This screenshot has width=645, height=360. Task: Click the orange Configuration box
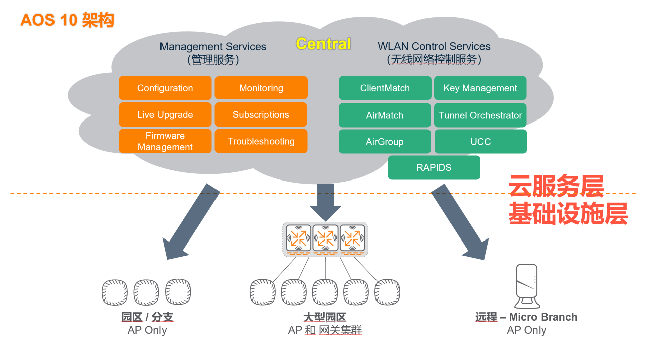[x=165, y=88]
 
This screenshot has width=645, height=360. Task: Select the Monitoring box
[x=261, y=88]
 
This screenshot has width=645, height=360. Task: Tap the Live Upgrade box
[x=165, y=115]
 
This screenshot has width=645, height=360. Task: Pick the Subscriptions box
[x=261, y=115]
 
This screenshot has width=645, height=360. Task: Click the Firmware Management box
[x=165, y=141]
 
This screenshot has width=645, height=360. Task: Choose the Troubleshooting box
[x=261, y=141]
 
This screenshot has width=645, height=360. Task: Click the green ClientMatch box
[x=385, y=88]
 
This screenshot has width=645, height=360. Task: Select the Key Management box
[x=480, y=88]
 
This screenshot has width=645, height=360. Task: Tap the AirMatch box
[x=385, y=115]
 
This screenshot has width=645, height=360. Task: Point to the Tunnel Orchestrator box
[x=480, y=115]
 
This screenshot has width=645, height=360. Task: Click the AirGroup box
[x=385, y=142]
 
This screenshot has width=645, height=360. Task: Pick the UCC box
[x=480, y=142]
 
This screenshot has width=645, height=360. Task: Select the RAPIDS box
[x=434, y=168]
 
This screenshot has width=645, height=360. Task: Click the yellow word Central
[x=324, y=44]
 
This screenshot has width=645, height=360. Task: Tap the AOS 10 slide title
[x=67, y=20]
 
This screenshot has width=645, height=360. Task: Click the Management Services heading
[x=213, y=47]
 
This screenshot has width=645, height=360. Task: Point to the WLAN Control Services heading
[x=434, y=47]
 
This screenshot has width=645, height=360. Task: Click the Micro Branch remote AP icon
[x=527, y=286]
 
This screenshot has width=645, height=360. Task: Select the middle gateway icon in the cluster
[x=325, y=237]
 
